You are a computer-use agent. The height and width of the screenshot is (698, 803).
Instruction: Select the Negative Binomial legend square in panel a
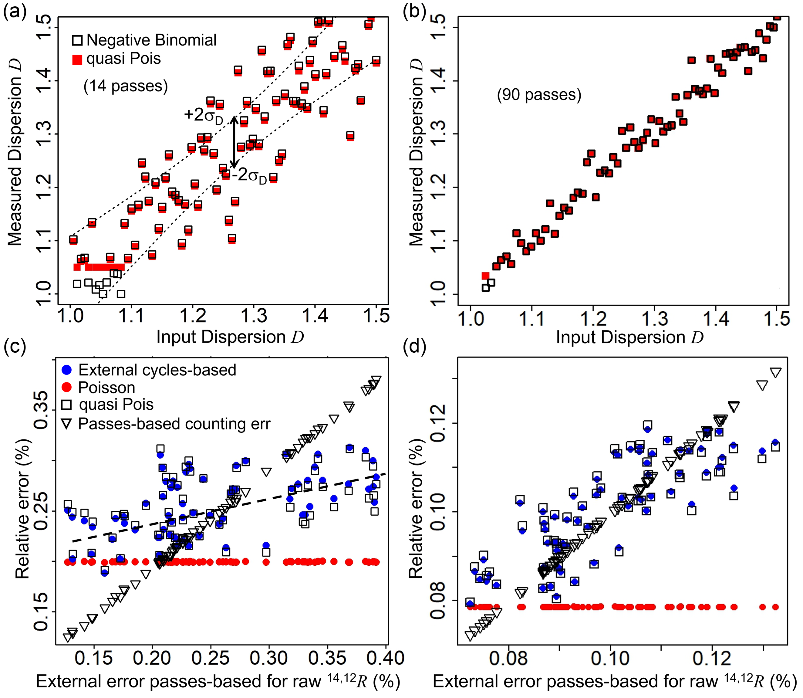[x=77, y=40]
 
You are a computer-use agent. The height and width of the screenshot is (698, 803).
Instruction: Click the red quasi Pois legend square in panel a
[x=77, y=59]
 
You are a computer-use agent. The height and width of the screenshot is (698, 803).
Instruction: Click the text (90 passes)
[x=539, y=95]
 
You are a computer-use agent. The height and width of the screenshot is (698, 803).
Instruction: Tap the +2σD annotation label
[x=203, y=116]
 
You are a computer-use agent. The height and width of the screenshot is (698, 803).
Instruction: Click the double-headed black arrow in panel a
[x=233, y=142]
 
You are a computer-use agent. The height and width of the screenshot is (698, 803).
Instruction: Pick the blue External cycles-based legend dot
[x=67, y=370]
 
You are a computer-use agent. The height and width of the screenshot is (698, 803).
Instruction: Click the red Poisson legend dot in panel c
[x=67, y=387]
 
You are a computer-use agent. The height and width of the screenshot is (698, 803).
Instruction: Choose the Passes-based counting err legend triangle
[x=67, y=424]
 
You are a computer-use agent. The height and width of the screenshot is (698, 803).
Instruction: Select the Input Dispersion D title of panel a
[x=230, y=337]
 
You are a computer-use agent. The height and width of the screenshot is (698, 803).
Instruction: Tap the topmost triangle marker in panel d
[x=775, y=372]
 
